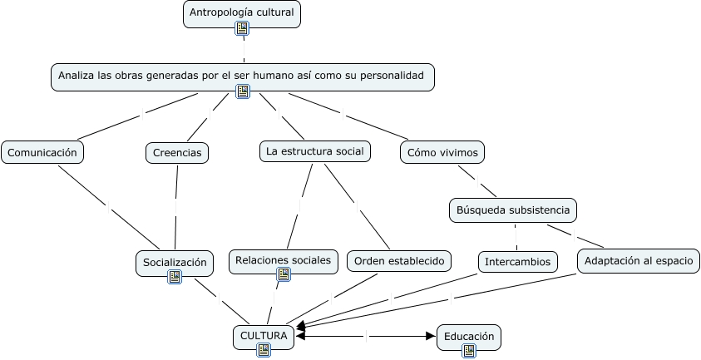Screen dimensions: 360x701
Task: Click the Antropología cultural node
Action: point(241,12)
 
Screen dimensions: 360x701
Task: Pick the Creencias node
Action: point(177,153)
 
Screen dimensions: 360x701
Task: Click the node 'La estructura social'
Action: point(313,151)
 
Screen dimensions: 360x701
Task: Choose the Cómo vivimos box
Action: point(442,153)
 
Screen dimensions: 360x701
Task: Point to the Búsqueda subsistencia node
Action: point(512,210)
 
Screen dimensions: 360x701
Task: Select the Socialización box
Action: point(174,262)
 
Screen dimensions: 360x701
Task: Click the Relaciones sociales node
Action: point(283,260)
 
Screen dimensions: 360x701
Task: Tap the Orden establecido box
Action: point(399,261)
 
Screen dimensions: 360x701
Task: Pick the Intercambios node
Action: point(516,261)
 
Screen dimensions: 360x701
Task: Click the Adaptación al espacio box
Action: point(638,261)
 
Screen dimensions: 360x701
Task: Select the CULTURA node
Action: point(263,336)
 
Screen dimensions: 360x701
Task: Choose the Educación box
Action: point(469,336)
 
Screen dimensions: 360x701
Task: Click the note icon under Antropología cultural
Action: point(242,29)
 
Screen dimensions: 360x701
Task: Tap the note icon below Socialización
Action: point(175,277)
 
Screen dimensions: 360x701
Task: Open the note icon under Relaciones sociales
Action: point(284,274)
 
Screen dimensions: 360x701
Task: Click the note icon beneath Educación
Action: point(469,351)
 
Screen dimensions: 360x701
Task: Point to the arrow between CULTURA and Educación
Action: point(366,336)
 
